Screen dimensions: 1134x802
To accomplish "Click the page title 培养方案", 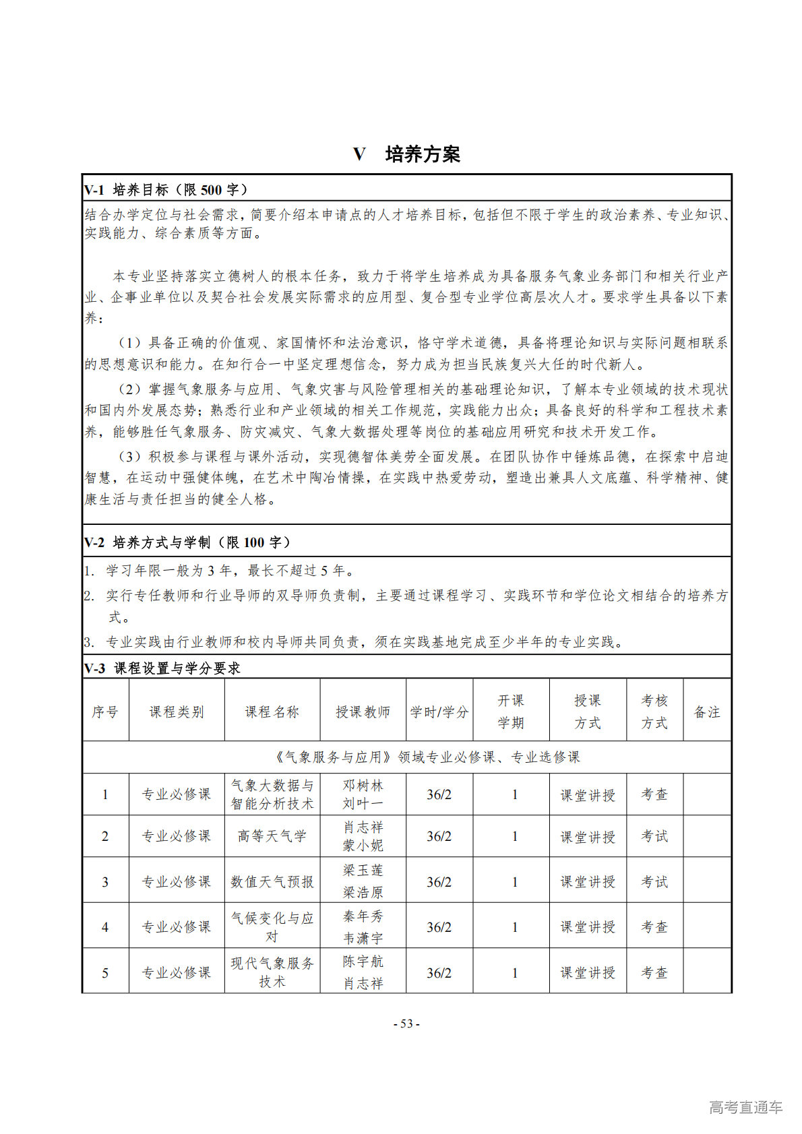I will pos(422,154).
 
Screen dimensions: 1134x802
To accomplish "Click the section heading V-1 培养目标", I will pos(165,190).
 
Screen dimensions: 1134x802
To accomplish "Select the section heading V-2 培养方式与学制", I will pos(187,542).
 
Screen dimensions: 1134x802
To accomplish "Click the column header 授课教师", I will pos(363,712).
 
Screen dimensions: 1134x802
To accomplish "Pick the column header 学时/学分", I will pos(439,712).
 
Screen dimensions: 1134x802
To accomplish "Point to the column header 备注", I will pos(706,712).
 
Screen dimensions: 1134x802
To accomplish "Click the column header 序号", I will pos(105,712).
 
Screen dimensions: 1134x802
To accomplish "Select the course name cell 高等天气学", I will pos(272,836).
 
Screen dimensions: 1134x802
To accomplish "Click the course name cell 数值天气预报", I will pos(272,881).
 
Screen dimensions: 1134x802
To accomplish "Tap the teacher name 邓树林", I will pos(363,786).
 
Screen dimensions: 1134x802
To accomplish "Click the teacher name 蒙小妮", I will pos(363,845).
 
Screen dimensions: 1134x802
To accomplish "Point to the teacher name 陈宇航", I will pos(363,962).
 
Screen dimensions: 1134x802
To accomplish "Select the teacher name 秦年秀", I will pos(363,916).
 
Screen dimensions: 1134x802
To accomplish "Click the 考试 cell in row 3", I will pos(654,881).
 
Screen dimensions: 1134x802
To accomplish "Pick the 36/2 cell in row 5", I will pos(439,973).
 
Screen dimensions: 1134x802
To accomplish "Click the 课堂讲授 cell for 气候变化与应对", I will pos(588,927).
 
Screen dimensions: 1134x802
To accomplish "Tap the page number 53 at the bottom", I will pos(406,1023).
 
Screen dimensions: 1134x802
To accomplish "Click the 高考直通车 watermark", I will pos(745,1106).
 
